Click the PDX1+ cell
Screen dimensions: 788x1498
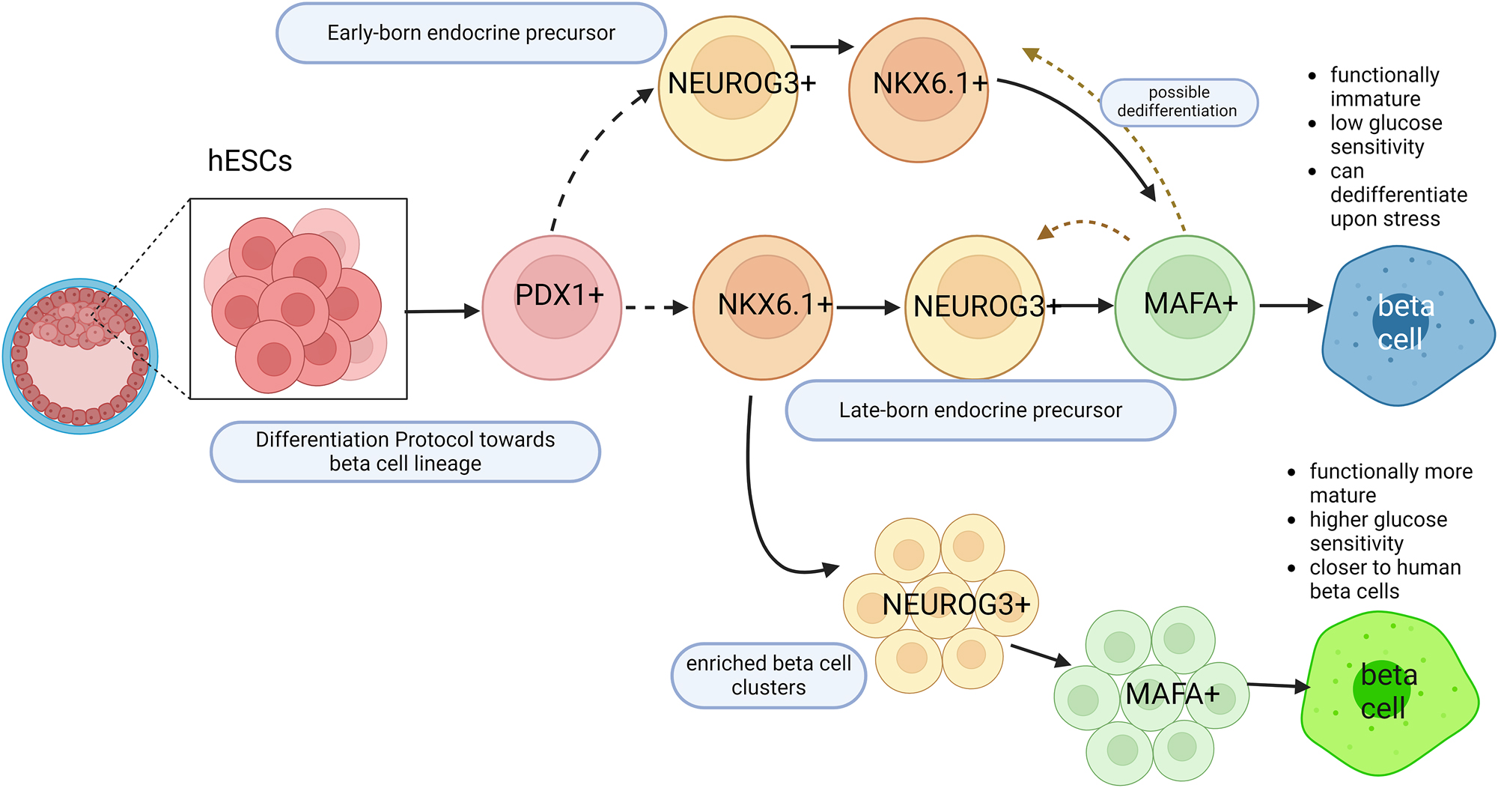tap(552, 307)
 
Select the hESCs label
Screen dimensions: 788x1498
tap(249, 161)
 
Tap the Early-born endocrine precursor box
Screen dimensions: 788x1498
tap(471, 33)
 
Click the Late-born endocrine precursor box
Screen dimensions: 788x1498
tap(980, 410)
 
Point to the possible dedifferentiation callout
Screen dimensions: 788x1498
tap(1178, 102)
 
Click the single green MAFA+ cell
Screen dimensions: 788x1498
tap(1184, 307)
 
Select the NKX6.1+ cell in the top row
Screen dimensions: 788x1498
tap(919, 90)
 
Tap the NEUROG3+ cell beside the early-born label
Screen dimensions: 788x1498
tap(728, 88)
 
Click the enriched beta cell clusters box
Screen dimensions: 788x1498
tap(769, 676)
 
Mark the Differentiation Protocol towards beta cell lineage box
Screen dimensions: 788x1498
tap(405, 452)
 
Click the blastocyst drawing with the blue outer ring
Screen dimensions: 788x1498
tap(80, 357)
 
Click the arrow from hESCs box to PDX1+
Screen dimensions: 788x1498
tap(442, 310)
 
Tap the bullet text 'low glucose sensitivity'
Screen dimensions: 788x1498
tap(1385, 135)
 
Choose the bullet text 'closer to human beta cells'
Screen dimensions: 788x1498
tap(1384, 579)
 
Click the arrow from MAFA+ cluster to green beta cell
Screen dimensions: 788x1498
tap(1279, 685)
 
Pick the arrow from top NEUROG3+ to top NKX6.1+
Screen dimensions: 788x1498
tap(822, 46)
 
